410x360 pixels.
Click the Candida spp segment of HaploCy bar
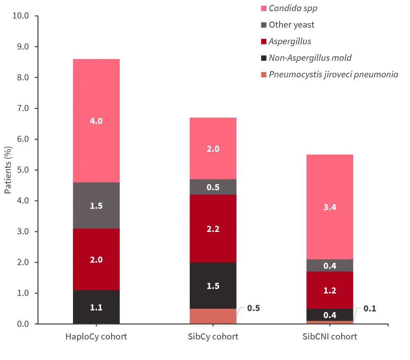[96, 121]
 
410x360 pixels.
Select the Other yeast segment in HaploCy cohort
[96, 205]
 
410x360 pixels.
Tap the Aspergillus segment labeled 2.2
[213, 229]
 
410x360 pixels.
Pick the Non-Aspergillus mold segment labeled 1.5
[213, 285]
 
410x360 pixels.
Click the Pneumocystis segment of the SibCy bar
[213, 316]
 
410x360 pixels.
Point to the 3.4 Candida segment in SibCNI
[330, 207]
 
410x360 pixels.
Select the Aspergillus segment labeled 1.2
[330, 290]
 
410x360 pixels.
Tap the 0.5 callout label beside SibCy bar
[254, 308]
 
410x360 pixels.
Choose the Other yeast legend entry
[291, 25]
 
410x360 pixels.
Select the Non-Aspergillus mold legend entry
[310, 58]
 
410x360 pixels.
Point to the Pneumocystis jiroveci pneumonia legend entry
[333, 74]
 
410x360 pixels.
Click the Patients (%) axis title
[8, 170]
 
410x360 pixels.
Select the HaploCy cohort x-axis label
[96, 337]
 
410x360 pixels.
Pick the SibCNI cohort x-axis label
[330, 337]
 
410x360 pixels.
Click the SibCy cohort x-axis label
[213, 337]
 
